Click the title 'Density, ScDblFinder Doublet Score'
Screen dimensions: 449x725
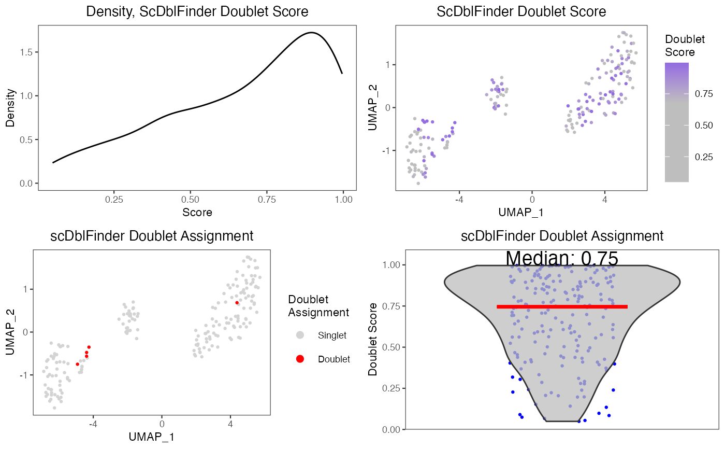(x=197, y=11)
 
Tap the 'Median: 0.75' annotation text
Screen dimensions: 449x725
(x=562, y=258)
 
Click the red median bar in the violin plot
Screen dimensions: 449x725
(x=562, y=306)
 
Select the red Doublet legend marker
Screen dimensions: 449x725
(x=300, y=359)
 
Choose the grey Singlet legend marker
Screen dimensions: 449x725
(x=300, y=335)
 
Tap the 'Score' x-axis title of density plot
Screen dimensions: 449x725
(x=197, y=212)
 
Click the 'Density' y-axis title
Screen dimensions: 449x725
(x=10, y=108)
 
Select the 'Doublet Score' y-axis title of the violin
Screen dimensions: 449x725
(x=372, y=340)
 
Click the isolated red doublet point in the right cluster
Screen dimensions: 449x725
(x=237, y=302)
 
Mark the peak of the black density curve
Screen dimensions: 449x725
(x=310, y=33)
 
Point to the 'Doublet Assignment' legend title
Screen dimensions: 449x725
(x=318, y=306)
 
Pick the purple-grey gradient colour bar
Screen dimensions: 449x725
(x=676, y=122)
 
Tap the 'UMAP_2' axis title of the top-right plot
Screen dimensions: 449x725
(x=372, y=108)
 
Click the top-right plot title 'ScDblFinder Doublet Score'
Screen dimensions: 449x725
(x=521, y=11)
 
